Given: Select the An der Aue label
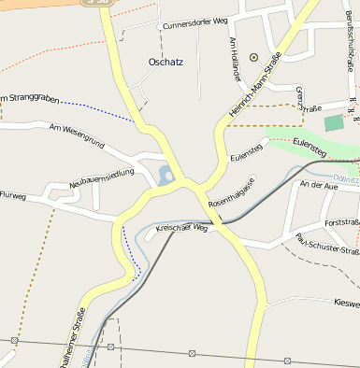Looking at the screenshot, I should pos(318,186).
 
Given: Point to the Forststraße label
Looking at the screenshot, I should pos(340,223).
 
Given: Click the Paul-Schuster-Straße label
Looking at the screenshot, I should pos(327,245).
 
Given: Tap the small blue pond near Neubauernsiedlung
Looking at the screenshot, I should pos(166,174).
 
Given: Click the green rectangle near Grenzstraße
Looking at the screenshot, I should pos(334,123).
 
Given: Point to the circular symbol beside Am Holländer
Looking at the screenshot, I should pos(253,57).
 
